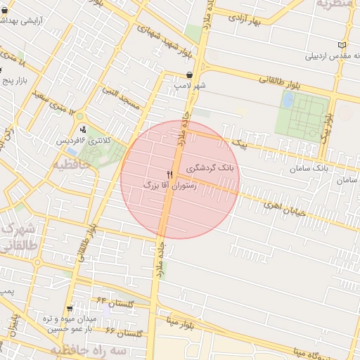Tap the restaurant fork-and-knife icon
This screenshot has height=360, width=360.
169,174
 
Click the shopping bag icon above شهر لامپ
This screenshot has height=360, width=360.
190,75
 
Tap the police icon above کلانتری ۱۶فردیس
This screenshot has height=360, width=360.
83,129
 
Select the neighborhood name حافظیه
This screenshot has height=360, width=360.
71,165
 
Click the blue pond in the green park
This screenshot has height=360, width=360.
288,100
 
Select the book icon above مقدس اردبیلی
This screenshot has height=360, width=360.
342,44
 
